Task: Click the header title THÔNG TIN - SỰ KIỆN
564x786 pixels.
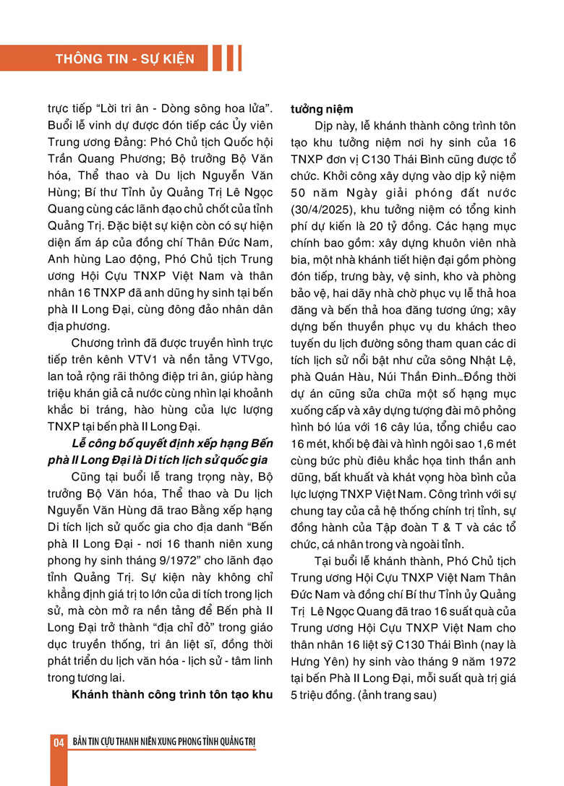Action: [124, 59]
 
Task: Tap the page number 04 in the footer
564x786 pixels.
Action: [58, 743]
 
